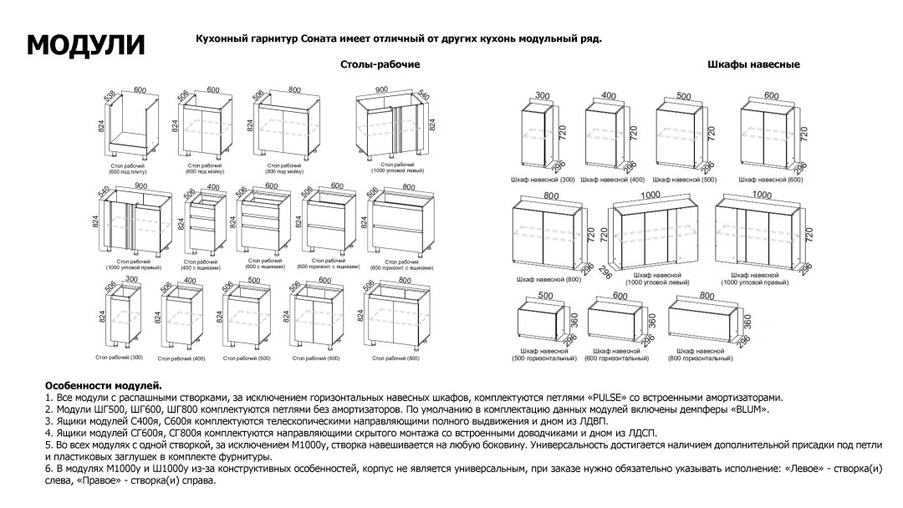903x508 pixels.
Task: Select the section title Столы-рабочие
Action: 380,64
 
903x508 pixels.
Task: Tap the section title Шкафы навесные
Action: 753,64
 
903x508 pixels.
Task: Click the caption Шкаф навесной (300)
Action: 542,180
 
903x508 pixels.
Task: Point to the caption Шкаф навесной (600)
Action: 771,180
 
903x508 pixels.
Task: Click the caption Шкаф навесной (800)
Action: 548,278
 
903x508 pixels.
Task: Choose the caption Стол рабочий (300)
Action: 120,358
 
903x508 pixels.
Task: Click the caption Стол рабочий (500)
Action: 247,358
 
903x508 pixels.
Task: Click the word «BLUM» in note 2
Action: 749,410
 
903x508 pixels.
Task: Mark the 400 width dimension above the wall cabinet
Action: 608,97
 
